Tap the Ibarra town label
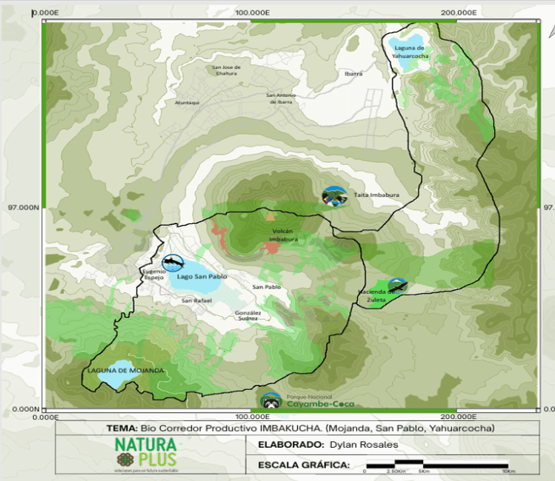pos(353,74)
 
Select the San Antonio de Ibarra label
pos(282,98)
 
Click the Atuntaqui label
pos(187,102)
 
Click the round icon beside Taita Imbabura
pos(333,195)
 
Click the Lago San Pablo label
pos(201,276)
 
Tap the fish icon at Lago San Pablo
pos(173,263)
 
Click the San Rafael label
pos(197,300)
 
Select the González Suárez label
pos(247,315)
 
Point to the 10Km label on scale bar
pos(508,471)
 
